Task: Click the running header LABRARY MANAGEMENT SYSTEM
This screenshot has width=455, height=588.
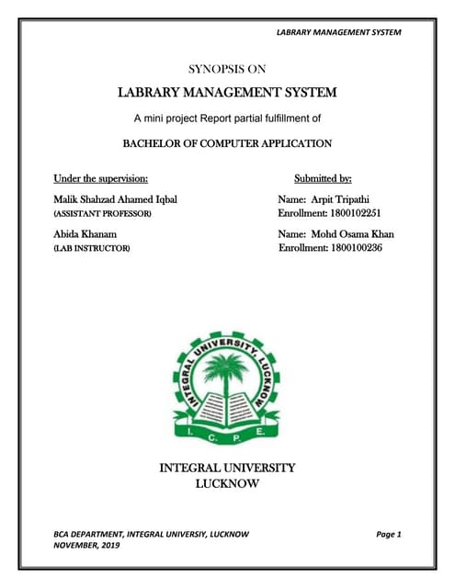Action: (x=339, y=32)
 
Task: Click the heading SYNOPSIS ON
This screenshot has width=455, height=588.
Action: (x=227, y=68)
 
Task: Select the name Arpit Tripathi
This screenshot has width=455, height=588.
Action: (x=343, y=198)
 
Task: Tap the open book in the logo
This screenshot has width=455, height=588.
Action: (x=227, y=404)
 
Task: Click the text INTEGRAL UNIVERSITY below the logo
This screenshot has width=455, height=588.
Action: (x=228, y=468)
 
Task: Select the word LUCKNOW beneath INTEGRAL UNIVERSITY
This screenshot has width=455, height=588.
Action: (x=228, y=483)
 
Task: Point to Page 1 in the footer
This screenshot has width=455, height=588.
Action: (x=390, y=534)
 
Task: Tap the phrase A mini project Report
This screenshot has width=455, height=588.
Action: (x=184, y=119)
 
